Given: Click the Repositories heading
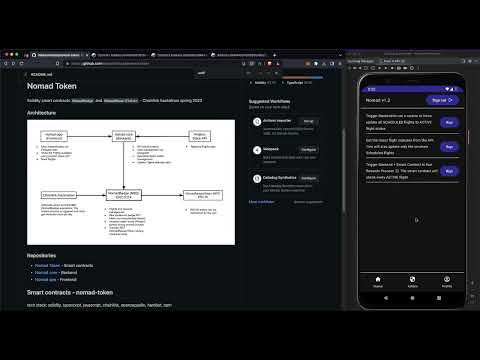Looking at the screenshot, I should click(x=48, y=256).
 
